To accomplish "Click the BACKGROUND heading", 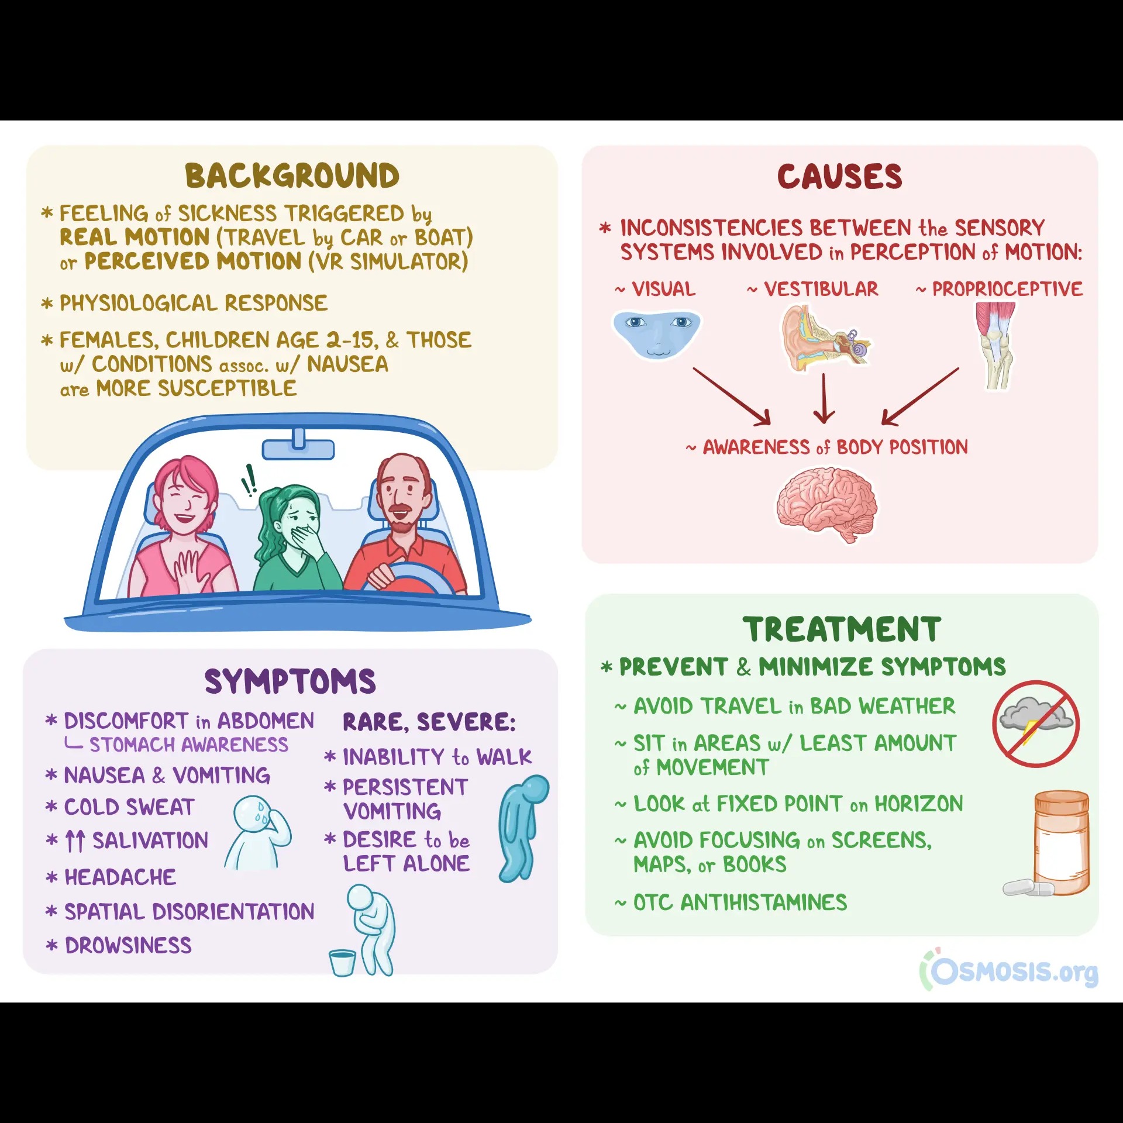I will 292,175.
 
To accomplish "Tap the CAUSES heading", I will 839,177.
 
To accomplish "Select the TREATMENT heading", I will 842,629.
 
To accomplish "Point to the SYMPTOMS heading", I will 290,681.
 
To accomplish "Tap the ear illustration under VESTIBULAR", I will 822,339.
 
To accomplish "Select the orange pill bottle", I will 1061,842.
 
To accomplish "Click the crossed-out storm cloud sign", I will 1036,724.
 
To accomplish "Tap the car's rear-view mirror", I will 298,447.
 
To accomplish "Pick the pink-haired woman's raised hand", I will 190,570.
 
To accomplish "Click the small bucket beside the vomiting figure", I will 342,962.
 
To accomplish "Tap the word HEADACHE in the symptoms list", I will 120,877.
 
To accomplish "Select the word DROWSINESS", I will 128,946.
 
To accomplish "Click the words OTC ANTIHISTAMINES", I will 740,902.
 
